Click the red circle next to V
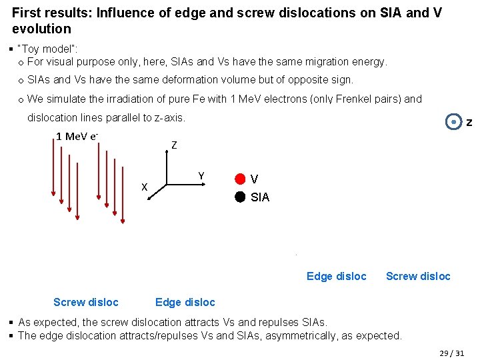(x=240, y=179)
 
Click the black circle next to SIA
(x=240, y=197)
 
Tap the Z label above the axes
(x=174, y=145)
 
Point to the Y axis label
(x=201, y=176)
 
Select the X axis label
(x=144, y=187)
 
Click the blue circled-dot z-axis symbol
(x=454, y=123)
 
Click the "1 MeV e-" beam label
(x=77, y=137)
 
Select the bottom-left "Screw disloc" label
(x=86, y=302)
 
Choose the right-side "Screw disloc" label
(x=418, y=276)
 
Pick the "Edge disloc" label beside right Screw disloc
(x=336, y=276)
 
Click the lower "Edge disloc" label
(x=185, y=302)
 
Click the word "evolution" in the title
(x=41, y=29)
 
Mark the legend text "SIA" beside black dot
(x=260, y=197)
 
